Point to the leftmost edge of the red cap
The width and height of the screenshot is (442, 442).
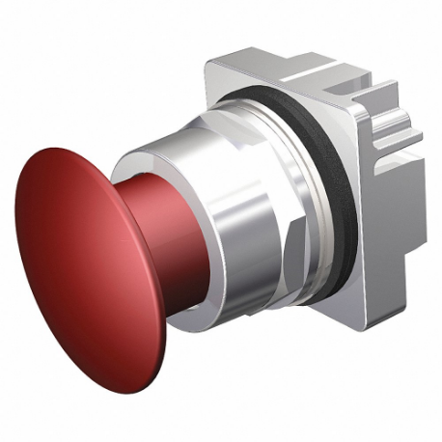coord(17,232)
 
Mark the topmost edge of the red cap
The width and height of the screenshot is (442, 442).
coord(58,151)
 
